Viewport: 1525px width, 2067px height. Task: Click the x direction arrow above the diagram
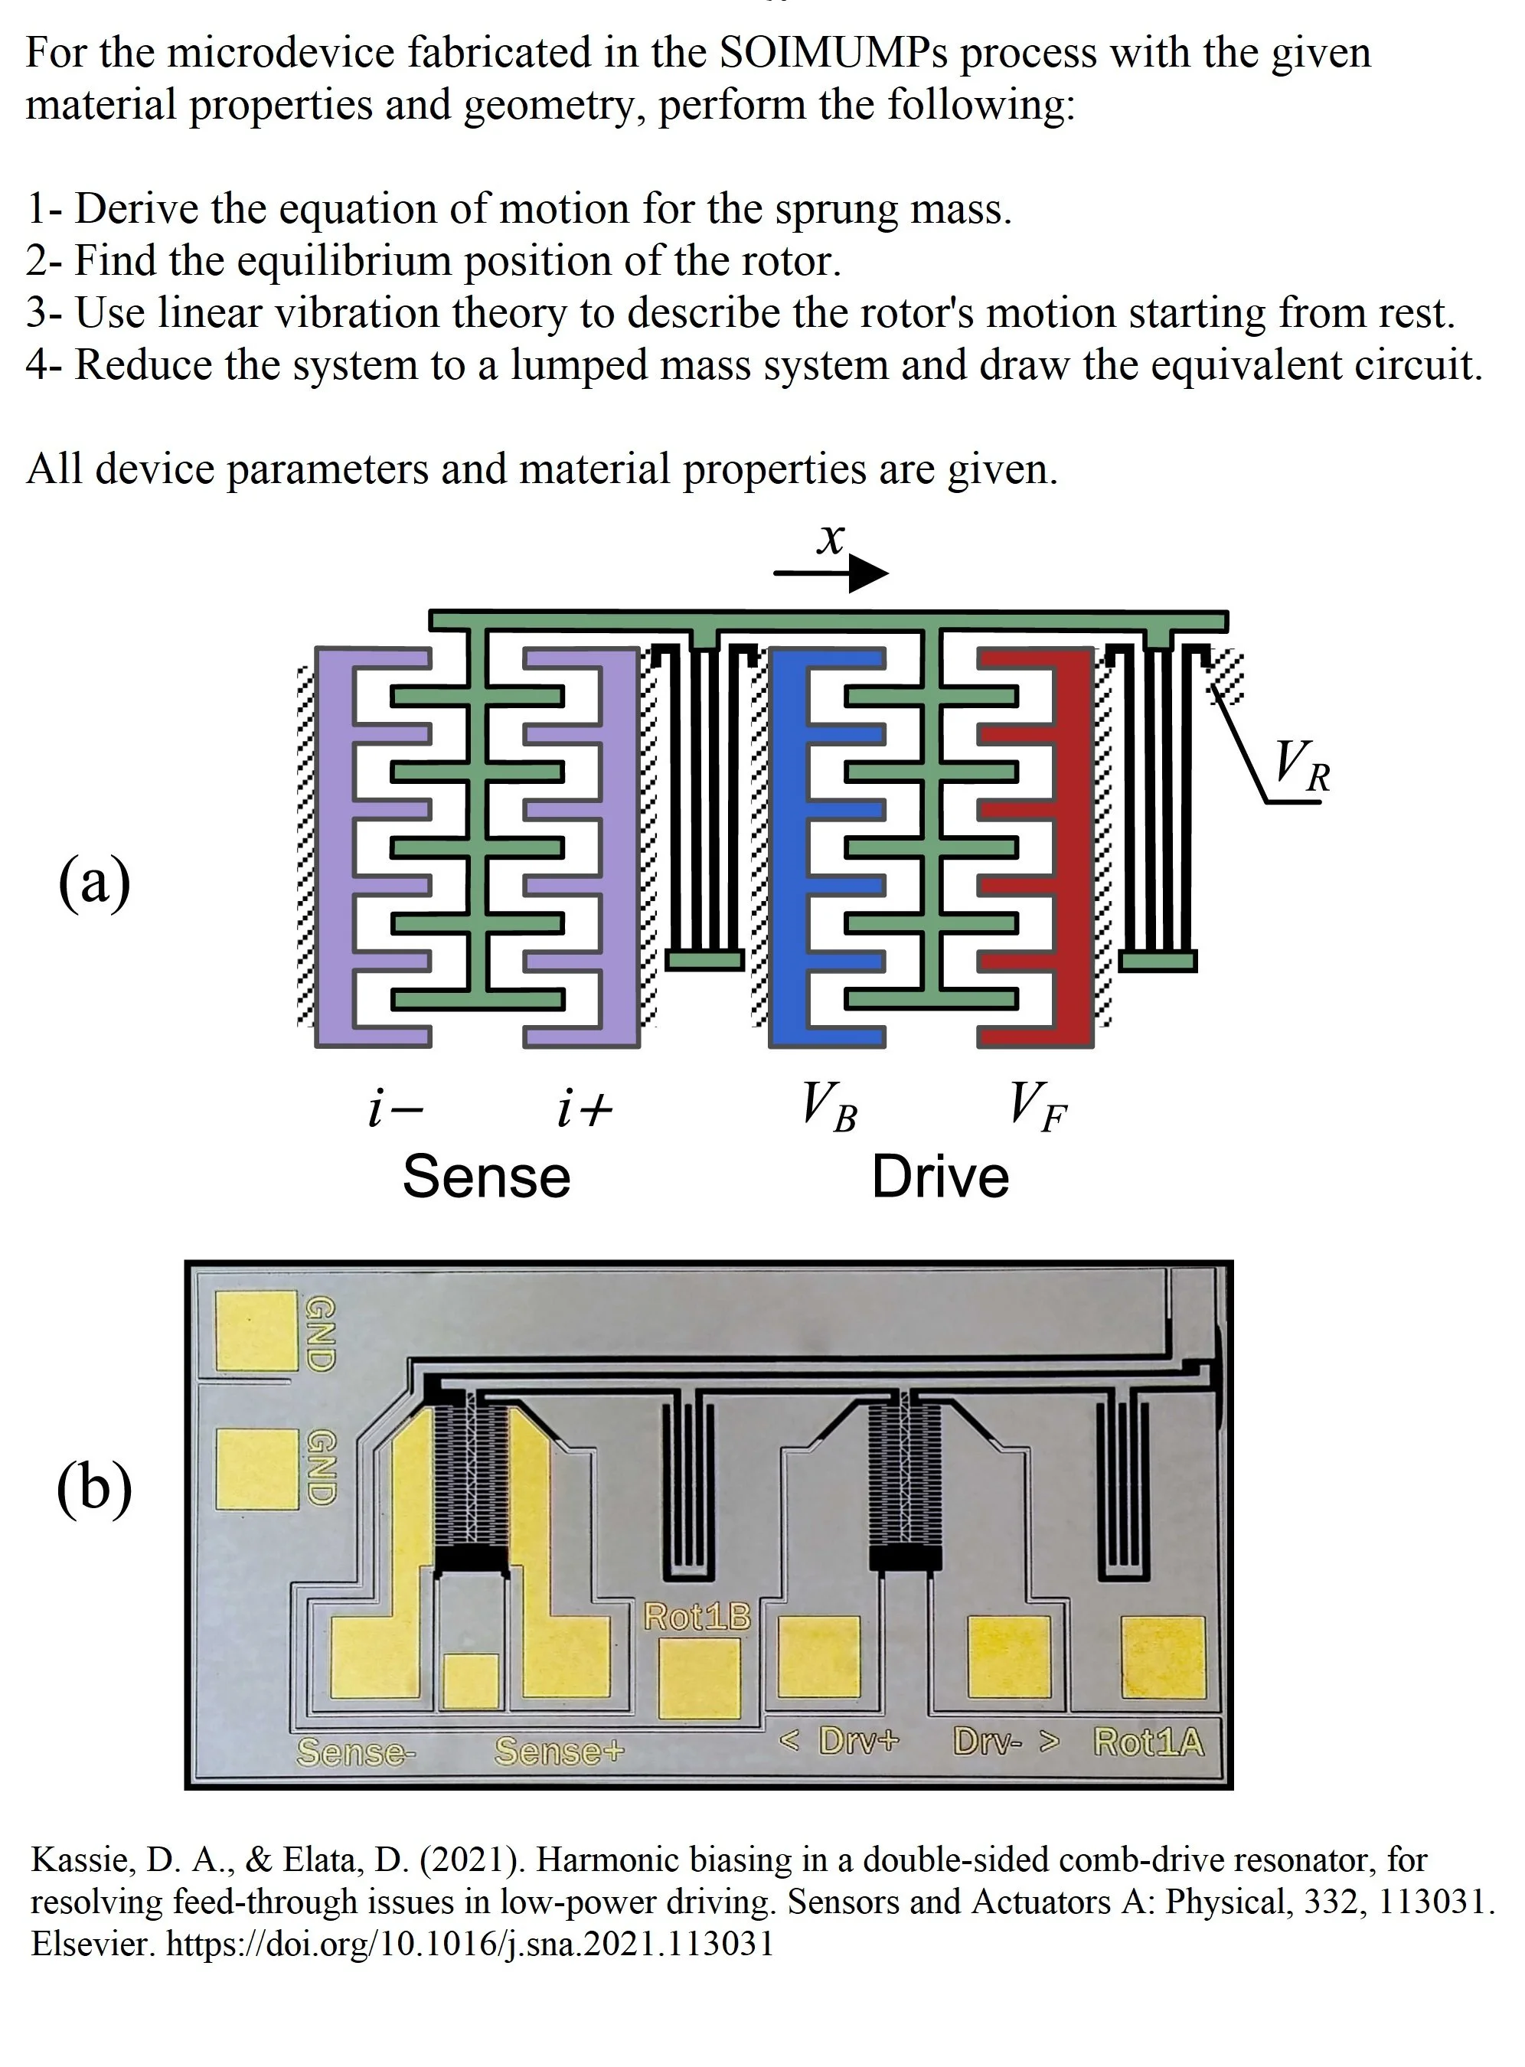pyautogui.click(x=831, y=573)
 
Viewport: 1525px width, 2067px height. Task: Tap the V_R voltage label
pyautogui.click(x=1302, y=767)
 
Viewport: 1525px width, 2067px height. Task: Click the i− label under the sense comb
pyautogui.click(x=395, y=1108)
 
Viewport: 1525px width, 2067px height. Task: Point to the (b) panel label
pyautogui.click(x=94, y=1488)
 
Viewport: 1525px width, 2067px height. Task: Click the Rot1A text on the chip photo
pyautogui.click(x=1149, y=1742)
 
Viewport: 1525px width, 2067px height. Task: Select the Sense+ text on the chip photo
pyautogui.click(x=560, y=1750)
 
